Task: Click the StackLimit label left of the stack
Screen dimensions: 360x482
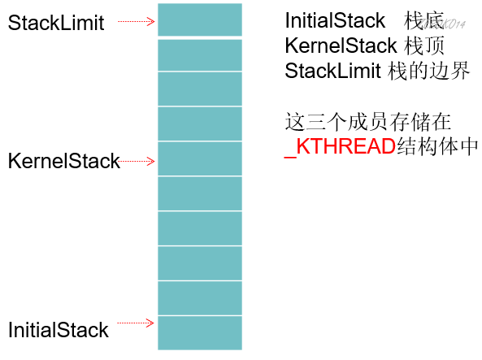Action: point(56,23)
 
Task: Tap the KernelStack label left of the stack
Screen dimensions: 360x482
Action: point(63,161)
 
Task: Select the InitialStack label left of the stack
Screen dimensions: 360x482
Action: point(58,330)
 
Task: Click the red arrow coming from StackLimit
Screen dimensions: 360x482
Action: point(136,22)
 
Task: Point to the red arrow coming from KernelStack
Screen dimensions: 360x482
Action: point(137,161)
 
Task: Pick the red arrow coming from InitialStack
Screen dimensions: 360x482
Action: point(136,323)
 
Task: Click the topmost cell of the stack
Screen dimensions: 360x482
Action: point(199,20)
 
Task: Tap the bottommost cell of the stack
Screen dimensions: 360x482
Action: point(199,332)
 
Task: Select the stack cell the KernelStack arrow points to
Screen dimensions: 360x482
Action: point(199,158)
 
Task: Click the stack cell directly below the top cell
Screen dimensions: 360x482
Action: point(199,54)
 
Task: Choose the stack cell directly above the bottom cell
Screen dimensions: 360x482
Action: point(199,297)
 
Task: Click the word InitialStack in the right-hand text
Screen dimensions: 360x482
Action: point(335,21)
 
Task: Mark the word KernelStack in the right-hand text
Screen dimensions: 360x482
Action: point(341,46)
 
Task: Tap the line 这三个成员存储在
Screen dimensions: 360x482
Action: point(367,122)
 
